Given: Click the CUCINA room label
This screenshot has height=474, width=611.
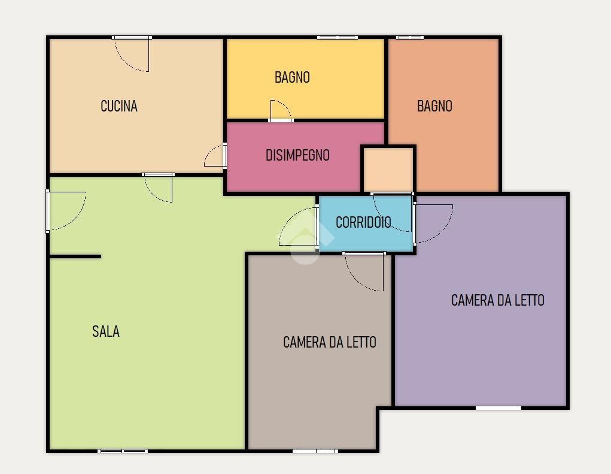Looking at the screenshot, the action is [x=119, y=106].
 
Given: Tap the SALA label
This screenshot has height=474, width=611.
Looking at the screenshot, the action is [x=105, y=331].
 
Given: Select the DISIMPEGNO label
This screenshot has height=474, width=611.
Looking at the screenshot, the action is [x=297, y=155].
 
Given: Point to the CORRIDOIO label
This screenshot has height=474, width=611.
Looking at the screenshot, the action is [x=363, y=222].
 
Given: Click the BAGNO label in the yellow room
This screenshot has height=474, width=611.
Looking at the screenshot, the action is [x=292, y=77].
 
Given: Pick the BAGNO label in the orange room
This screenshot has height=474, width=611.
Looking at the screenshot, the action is [x=434, y=106].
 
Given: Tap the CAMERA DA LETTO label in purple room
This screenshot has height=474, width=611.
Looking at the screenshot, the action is [x=498, y=300].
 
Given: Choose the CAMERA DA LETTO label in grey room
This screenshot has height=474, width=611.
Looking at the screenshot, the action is [x=330, y=342].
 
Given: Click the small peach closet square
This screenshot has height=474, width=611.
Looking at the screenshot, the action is [x=388, y=170].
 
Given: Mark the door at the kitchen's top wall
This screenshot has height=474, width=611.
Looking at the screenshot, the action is [x=132, y=54].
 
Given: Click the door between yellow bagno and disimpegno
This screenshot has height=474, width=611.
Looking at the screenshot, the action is [x=280, y=111].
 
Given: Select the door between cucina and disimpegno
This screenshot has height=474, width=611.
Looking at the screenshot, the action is [x=215, y=155].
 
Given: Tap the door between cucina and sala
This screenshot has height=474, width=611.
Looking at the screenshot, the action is [x=158, y=188].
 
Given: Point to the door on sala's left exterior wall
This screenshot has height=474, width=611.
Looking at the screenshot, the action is [x=66, y=211].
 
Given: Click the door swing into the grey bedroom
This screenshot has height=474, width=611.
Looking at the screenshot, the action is [x=364, y=271].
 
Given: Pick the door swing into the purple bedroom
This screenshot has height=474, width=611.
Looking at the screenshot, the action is [x=433, y=224].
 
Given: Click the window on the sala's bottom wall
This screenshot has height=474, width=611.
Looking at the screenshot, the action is [x=122, y=451].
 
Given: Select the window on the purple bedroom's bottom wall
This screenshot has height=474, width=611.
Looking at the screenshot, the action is [x=498, y=408].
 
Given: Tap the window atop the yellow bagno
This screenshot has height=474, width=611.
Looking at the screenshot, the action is [x=338, y=37].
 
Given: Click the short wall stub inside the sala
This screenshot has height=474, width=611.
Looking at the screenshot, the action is [x=75, y=256].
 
